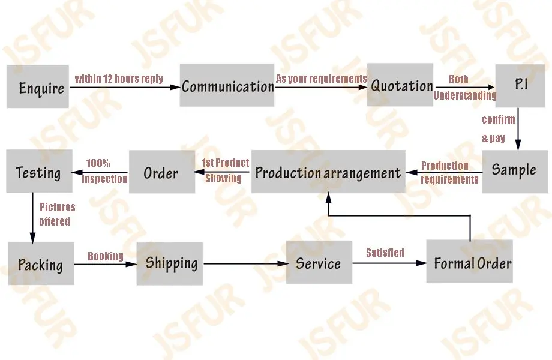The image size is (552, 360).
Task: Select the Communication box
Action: pos(227,85)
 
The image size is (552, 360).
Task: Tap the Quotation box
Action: pos(400,85)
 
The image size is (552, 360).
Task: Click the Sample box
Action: pos(514,171)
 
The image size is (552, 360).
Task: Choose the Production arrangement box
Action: pos(328,172)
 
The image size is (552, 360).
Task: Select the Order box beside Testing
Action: pos(161,173)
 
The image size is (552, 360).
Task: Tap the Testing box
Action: pos(38,172)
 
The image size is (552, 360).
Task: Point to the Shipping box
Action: pos(170,263)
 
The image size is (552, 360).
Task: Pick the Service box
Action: pos(319,263)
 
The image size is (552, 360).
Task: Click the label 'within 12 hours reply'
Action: pos(119,79)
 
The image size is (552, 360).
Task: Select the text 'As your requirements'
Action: pos(321,79)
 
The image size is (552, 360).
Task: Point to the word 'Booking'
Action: pos(106,256)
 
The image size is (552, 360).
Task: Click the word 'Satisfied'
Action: pos(385,253)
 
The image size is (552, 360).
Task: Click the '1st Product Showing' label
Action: pos(224,170)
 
